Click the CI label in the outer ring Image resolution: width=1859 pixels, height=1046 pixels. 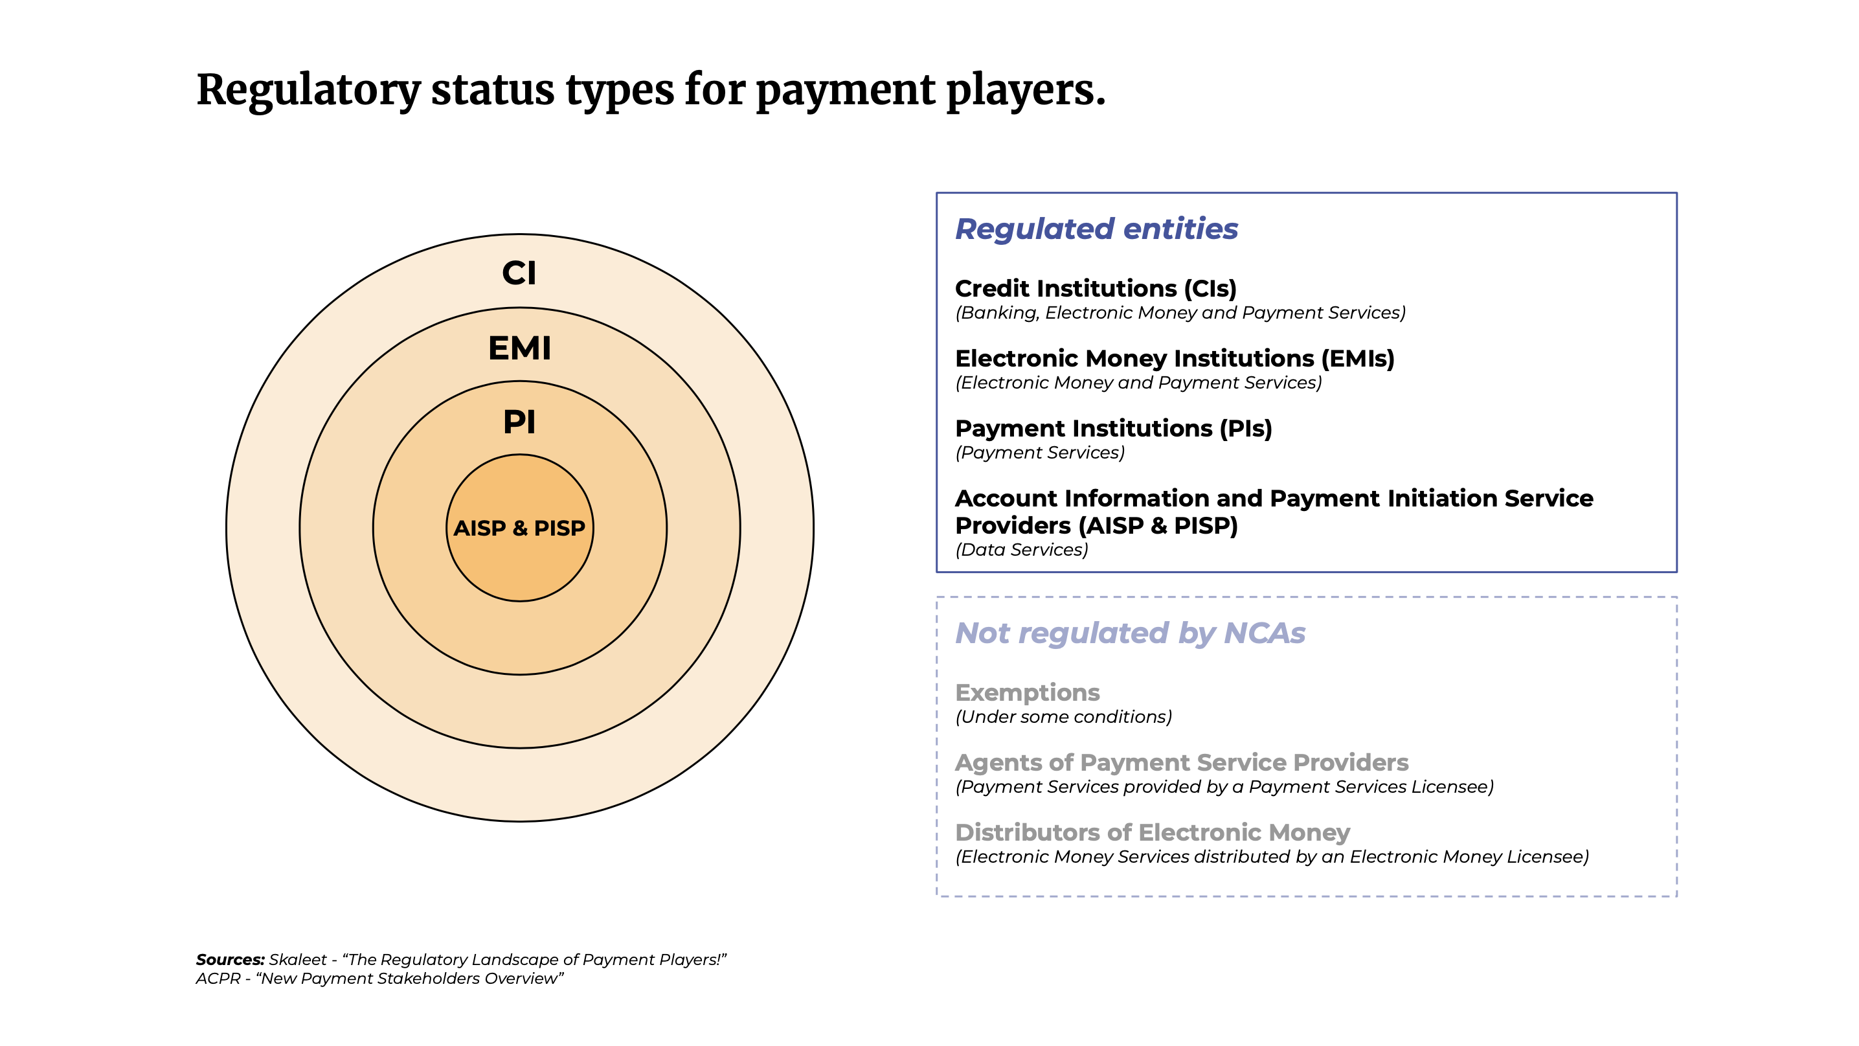pyautogui.click(x=519, y=273)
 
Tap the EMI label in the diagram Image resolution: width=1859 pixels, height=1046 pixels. pyautogui.click(x=519, y=348)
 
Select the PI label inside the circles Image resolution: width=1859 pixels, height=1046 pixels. pyautogui.click(x=519, y=422)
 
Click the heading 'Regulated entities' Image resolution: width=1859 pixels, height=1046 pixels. pyautogui.click(x=1096, y=229)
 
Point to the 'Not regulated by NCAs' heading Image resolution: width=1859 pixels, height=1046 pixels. pyautogui.click(x=1130, y=633)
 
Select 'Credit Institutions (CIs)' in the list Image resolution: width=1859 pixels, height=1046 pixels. pyautogui.click(x=1096, y=288)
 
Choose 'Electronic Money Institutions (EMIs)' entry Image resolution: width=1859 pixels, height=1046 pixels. pyautogui.click(x=1175, y=358)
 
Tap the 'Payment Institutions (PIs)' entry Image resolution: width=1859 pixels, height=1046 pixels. pyautogui.click(x=1114, y=428)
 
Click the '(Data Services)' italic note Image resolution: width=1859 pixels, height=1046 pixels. pyautogui.click(x=1022, y=549)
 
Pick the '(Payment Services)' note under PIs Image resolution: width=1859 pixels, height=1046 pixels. pyautogui.click(x=1040, y=453)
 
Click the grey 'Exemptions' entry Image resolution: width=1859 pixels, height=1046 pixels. pyautogui.click(x=1028, y=692)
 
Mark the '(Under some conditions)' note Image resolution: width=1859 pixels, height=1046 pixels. pyautogui.click(x=1064, y=717)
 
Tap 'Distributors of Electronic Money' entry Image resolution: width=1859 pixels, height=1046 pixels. pyautogui.click(x=1153, y=832)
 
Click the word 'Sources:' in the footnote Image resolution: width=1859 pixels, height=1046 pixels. pyautogui.click(x=231, y=959)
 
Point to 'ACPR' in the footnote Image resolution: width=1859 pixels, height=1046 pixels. pyautogui.click(x=218, y=978)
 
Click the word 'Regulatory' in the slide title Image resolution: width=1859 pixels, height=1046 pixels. pyautogui.click(x=308, y=91)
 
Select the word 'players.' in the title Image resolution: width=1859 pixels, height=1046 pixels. pyautogui.click(x=1026, y=91)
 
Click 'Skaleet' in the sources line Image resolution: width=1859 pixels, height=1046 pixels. pyautogui.click(x=298, y=959)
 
